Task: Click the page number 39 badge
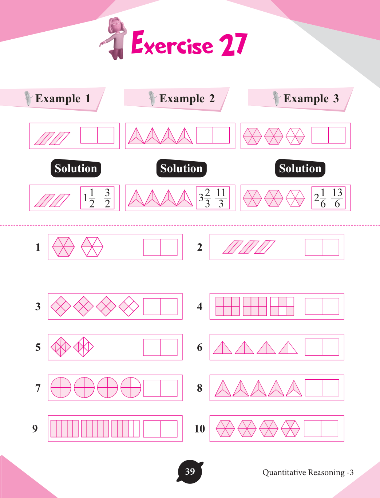[190, 472]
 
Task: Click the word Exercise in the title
[172, 43]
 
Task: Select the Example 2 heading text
[187, 98]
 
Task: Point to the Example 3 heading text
[311, 98]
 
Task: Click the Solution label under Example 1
[76, 168]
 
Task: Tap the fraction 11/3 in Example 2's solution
[221, 198]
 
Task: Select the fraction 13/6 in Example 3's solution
[337, 198]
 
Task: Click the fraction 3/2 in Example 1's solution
[107, 198]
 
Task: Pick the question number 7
[38, 388]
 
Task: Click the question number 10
[199, 429]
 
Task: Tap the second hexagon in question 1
[92, 247]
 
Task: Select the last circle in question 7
[131, 387]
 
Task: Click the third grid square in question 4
[282, 306]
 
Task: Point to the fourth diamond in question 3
[129, 306]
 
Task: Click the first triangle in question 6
[222, 348]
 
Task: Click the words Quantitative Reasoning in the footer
[304, 472]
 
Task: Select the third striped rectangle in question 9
[126, 428]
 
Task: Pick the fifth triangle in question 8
[294, 388]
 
